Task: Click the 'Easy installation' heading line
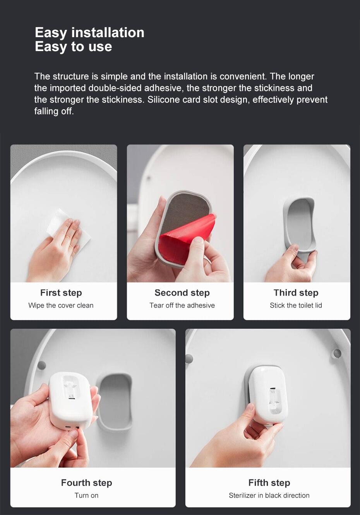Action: [x=89, y=33]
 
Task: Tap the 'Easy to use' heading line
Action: [x=74, y=46]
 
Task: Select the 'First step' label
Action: [x=61, y=293]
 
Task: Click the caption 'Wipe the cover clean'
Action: [x=61, y=305]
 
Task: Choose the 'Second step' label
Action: [x=182, y=293]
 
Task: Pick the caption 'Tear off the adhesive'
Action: [x=182, y=305]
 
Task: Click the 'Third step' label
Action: [x=296, y=293]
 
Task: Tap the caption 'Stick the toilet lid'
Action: [x=296, y=305]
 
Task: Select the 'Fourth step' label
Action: [x=86, y=482]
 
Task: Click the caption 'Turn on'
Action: [x=86, y=495]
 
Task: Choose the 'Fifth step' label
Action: [x=269, y=482]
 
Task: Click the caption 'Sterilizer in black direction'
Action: [x=269, y=495]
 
